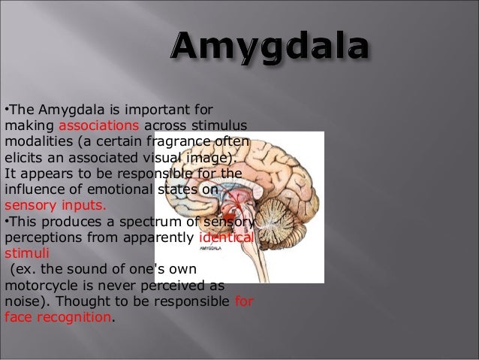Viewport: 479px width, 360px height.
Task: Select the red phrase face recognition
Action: click(x=58, y=317)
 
